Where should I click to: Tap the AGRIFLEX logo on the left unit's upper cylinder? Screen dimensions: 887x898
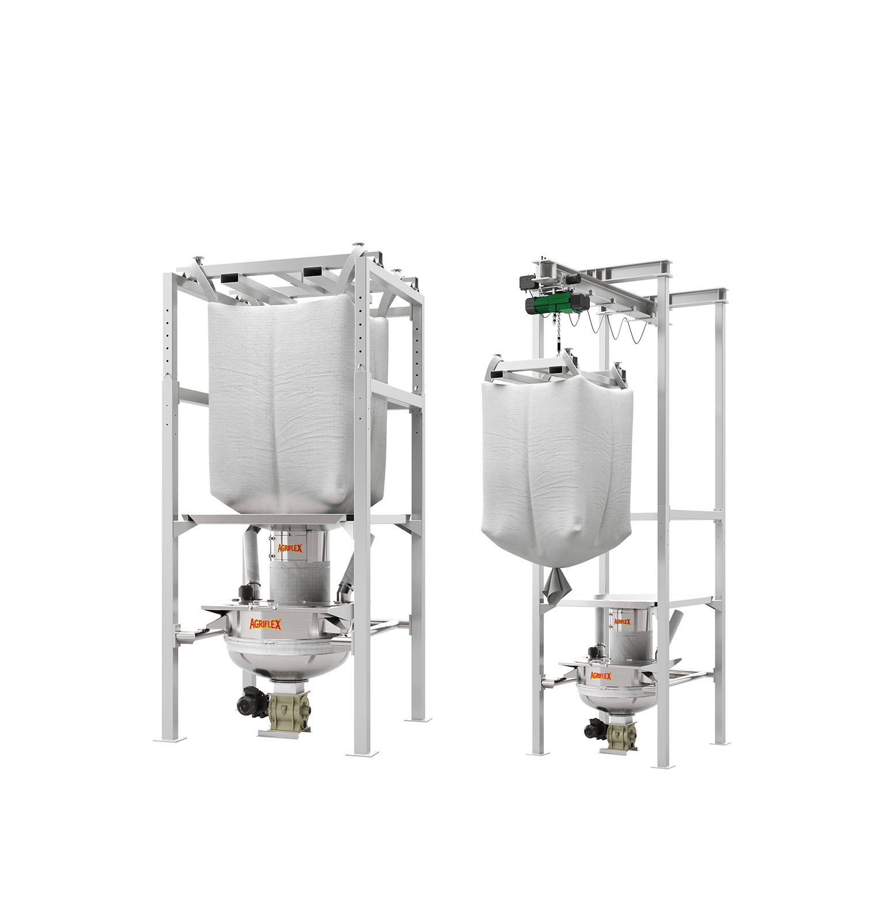coord(290,548)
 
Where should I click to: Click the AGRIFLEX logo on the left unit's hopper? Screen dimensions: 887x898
coord(265,623)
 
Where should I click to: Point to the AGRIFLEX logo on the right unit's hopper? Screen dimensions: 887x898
coord(600,675)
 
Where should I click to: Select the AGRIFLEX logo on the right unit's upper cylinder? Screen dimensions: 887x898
coord(622,622)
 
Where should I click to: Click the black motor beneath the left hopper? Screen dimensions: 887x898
coord(251,701)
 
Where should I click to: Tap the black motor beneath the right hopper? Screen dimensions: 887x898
coord(594,729)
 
